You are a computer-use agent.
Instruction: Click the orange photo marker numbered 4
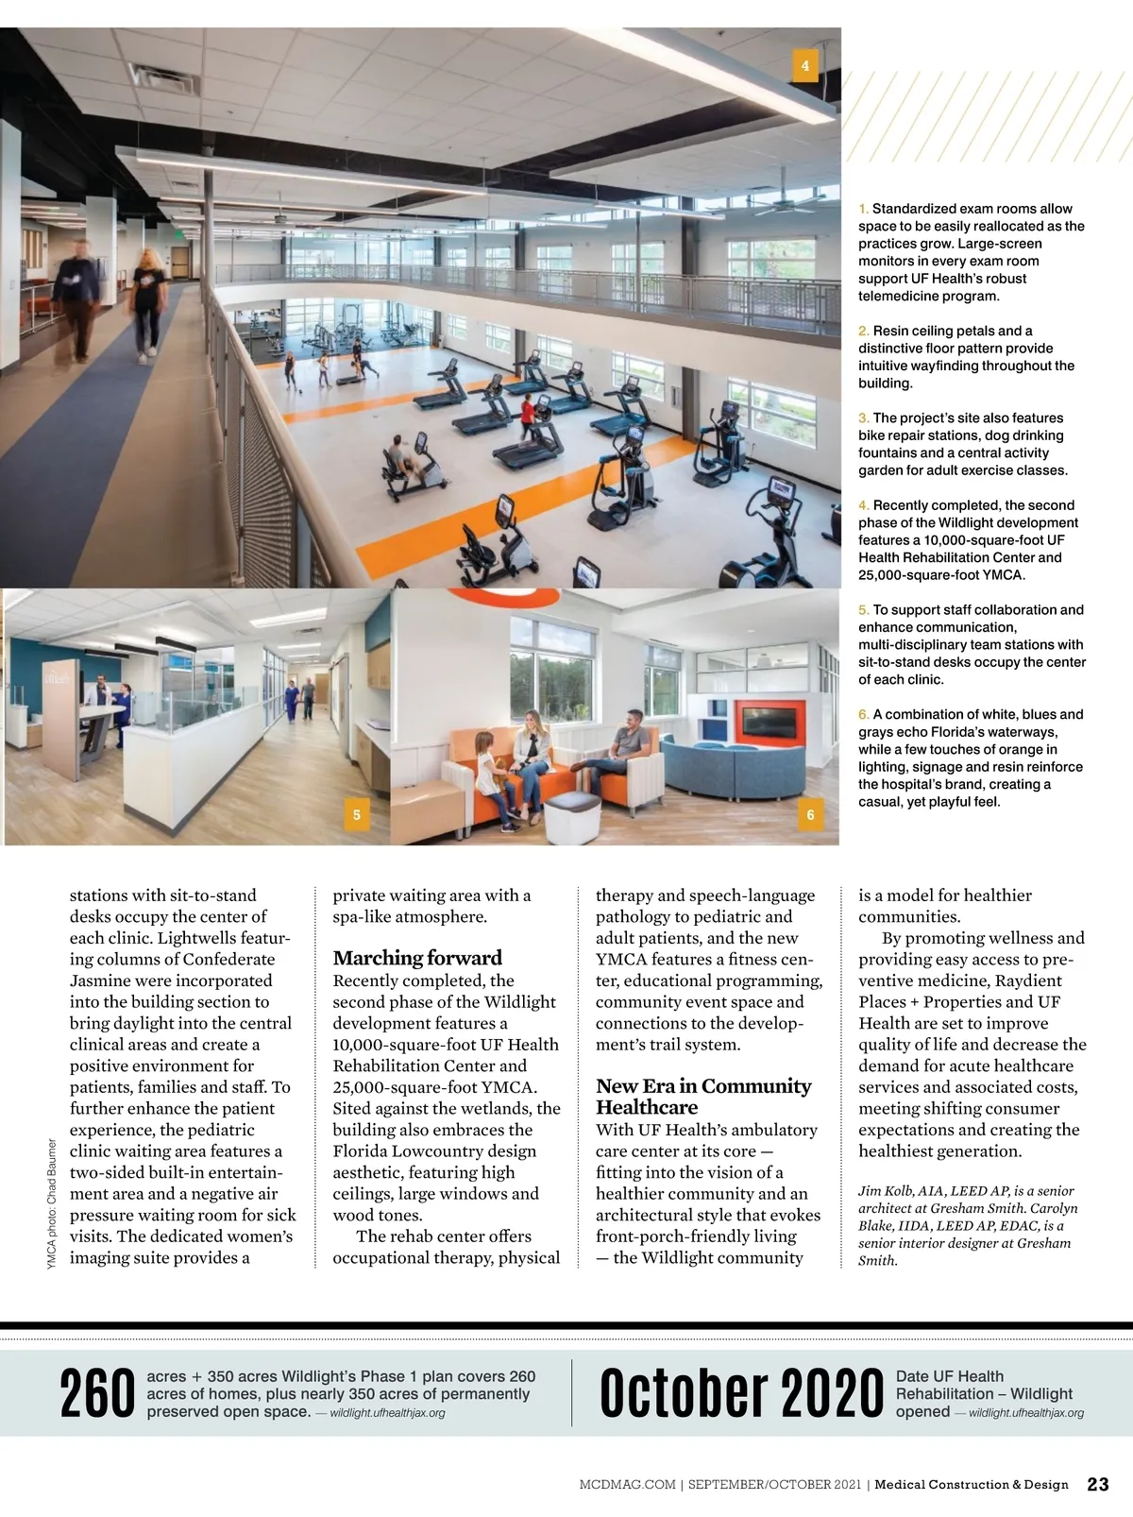[x=804, y=66]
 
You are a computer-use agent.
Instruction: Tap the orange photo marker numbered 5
[x=356, y=814]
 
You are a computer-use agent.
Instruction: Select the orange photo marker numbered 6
[x=810, y=814]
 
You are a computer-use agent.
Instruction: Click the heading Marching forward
[x=417, y=958]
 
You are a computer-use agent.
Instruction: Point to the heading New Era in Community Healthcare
[x=702, y=1097]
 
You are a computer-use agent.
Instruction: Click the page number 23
[x=1098, y=1484]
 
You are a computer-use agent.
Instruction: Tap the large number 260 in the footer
[x=97, y=1395]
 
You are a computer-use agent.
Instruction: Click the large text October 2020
[x=740, y=1394]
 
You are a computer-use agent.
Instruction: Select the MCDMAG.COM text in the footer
[x=627, y=1485]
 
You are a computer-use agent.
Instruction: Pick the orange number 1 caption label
[x=863, y=209]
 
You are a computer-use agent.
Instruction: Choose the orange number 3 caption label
[x=863, y=418]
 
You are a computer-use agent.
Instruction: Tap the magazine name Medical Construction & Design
[x=972, y=1485]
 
